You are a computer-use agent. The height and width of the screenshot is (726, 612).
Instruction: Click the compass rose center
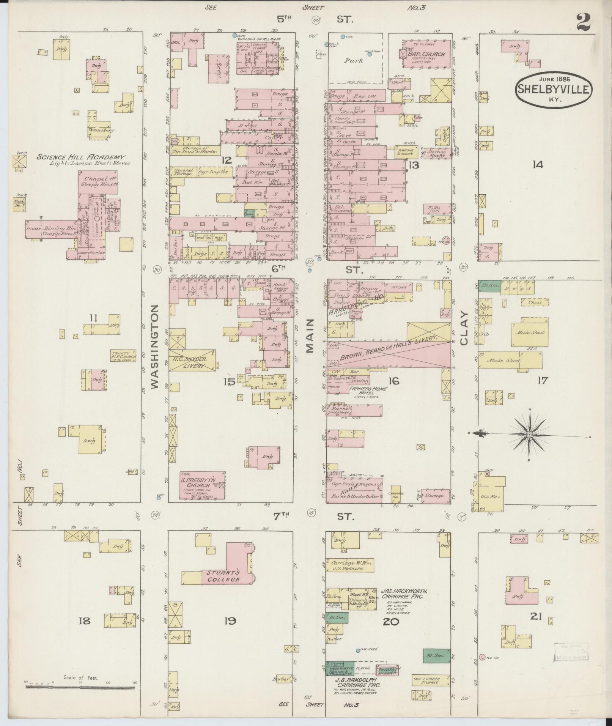tap(529, 435)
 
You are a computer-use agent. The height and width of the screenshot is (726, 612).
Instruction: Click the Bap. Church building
tap(427, 54)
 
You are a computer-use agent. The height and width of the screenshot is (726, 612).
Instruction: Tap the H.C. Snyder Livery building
tap(192, 360)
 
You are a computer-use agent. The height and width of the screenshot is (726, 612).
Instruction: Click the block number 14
tap(537, 164)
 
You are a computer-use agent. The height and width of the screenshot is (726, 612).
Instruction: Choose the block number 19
tap(230, 621)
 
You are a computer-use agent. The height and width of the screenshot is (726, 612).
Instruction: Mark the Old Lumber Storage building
tap(431, 680)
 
